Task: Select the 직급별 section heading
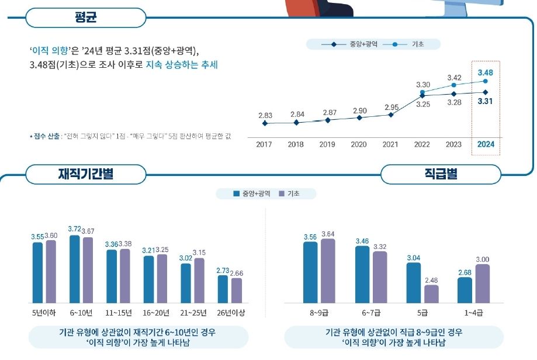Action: (x=441, y=174)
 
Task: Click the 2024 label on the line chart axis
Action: (x=485, y=144)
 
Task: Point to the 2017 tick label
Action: (x=265, y=144)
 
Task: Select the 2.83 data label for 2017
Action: (x=265, y=116)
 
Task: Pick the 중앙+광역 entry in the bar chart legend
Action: (x=255, y=194)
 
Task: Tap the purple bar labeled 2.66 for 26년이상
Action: (x=236, y=290)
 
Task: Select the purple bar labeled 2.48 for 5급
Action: (x=431, y=294)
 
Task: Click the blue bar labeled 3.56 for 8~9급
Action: (x=310, y=272)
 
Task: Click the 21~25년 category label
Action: (x=193, y=313)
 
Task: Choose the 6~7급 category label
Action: (x=370, y=313)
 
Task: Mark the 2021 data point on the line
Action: (x=391, y=115)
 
